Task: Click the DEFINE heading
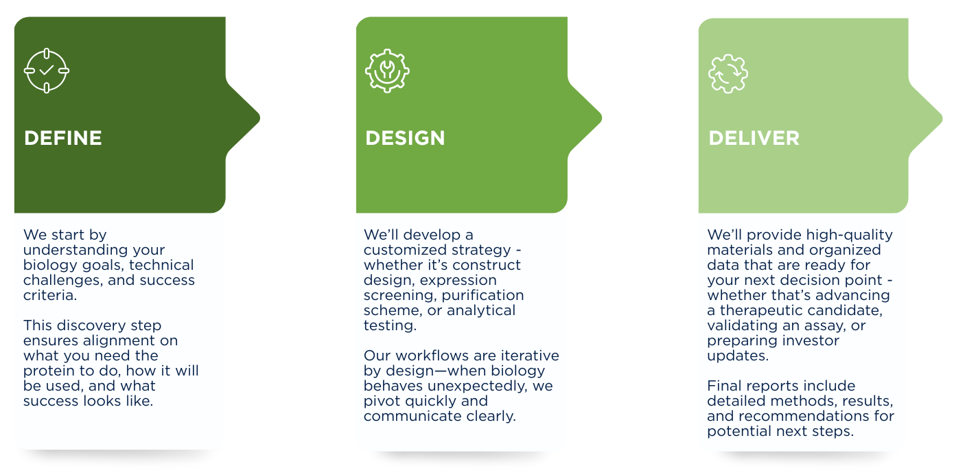point(63,138)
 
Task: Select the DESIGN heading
point(405,138)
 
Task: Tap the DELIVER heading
point(754,138)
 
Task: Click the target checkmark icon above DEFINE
point(47,70)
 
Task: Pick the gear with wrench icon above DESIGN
point(387,71)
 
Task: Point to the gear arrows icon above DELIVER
point(728,73)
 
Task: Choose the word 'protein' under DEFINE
point(47,371)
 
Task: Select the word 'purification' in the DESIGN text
point(482,295)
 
